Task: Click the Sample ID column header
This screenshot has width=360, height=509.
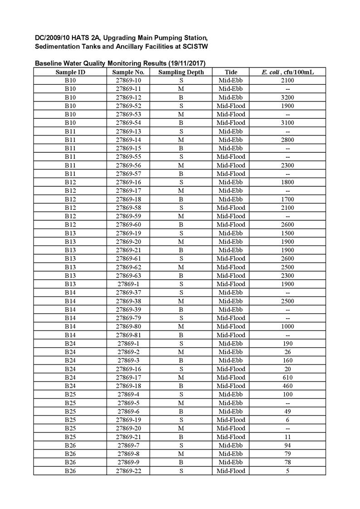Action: coord(70,72)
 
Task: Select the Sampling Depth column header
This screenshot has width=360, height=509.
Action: coord(181,72)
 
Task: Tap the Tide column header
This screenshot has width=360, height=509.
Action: coord(231,72)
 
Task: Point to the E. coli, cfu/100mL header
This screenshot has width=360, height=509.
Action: coord(287,72)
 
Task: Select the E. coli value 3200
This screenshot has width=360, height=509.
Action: coord(287,97)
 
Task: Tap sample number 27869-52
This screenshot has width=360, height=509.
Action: coord(129,106)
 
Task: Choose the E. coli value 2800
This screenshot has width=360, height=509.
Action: coord(287,140)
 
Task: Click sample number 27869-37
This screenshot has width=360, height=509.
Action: coord(129,293)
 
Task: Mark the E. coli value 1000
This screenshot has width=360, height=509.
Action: coord(287,326)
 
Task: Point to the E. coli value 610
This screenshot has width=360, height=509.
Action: coord(287,378)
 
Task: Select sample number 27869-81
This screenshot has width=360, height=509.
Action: coord(129,335)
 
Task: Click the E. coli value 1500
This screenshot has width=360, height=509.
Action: coord(287,233)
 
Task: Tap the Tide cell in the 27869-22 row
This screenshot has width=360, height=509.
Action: coord(231,471)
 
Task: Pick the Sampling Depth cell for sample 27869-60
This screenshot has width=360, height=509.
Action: coord(181,225)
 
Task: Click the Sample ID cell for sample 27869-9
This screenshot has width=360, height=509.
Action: coord(70,462)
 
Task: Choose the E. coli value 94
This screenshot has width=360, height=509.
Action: coord(287,446)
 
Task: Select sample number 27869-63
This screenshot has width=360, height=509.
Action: coord(129,276)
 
